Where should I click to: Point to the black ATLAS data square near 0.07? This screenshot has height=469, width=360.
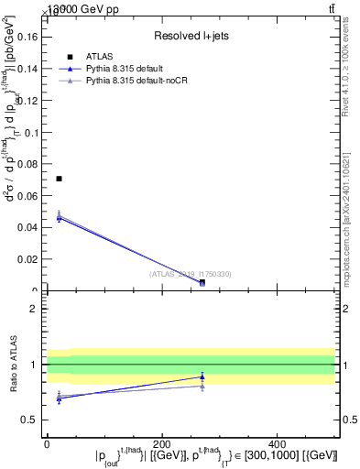click(x=60, y=179)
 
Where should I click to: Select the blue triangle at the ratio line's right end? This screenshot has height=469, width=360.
click(x=202, y=376)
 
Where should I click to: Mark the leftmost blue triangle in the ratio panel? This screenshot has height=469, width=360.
click(x=60, y=398)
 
